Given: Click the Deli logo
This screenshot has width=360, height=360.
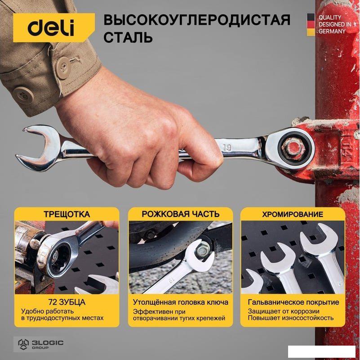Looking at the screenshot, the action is pos(51,28).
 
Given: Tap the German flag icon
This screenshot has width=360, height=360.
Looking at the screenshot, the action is pos(311,24).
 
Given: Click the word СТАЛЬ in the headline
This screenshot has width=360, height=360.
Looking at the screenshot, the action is pos(128,37).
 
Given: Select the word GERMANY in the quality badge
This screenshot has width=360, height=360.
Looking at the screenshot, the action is pos(332,31).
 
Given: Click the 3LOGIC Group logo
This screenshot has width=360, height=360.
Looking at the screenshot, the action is pos(40,344).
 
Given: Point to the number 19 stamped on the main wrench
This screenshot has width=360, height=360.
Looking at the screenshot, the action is pos(227,148).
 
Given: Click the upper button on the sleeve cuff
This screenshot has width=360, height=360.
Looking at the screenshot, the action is pos(62,67).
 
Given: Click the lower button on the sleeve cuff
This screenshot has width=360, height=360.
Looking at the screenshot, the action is pos(24,95).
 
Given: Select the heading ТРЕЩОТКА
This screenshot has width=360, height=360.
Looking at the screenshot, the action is pos(67,214).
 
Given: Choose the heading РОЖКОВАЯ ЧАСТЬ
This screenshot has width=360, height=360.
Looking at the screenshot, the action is pos(181,214).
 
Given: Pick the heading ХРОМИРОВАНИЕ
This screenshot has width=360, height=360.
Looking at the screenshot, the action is pos(293,214).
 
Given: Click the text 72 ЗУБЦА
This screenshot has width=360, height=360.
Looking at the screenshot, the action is pos(67,302).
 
